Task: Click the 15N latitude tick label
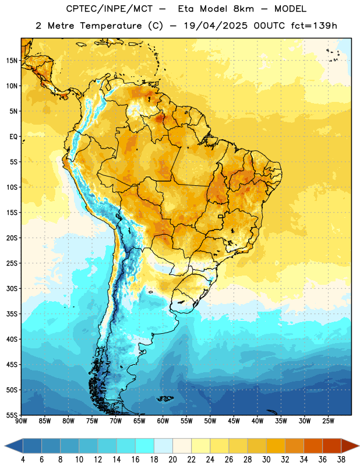click(12, 61)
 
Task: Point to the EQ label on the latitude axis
click(13, 137)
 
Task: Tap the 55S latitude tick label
click(12, 415)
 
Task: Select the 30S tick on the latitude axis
click(12, 288)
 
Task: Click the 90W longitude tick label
click(21, 421)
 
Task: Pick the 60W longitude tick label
click(163, 421)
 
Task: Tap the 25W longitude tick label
click(328, 421)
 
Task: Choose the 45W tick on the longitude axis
click(234, 421)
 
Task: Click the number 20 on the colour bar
click(172, 460)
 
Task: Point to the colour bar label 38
click(341, 460)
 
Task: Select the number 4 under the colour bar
click(23, 460)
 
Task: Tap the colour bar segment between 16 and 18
click(145, 446)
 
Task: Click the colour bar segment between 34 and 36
click(313, 446)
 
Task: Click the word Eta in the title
click(186, 9)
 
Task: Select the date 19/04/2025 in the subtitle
click(216, 26)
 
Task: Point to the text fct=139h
click(314, 26)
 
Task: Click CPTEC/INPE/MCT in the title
click(110, 9)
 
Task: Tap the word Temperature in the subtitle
click(111, 26)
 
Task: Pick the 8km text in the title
click(243, 9)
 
